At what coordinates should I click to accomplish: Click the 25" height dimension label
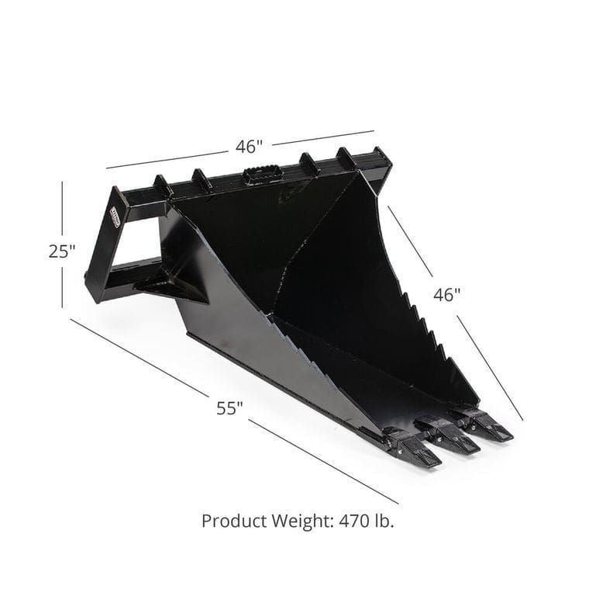[62, 251]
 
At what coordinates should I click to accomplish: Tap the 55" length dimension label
[229, 407]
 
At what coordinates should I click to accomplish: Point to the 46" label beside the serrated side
[447, 295]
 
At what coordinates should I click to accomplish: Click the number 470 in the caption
[353, 521]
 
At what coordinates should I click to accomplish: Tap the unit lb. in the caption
[383, 521]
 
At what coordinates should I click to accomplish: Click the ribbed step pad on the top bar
[262, 174]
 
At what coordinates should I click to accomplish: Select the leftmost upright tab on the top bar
[163, 186]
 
